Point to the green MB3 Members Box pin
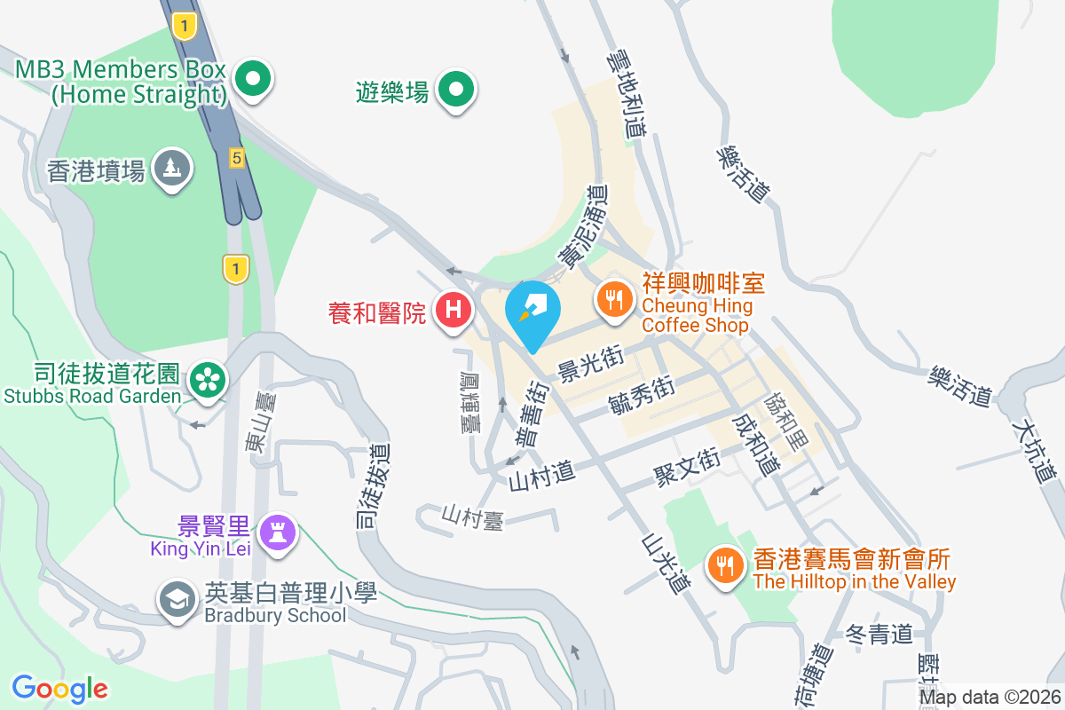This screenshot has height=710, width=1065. pos(254,80)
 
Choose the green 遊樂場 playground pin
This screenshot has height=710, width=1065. pos(457,88)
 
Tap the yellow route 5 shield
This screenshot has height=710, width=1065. pos(235,158)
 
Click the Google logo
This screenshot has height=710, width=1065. pos(59,689)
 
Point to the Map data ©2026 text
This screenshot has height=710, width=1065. pos(990,698)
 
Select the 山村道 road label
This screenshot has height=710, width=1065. pos(542,477)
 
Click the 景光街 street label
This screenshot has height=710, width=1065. pos(590,363)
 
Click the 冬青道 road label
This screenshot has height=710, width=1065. pos(880,634)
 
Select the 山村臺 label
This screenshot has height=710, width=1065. pos(474,517)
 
